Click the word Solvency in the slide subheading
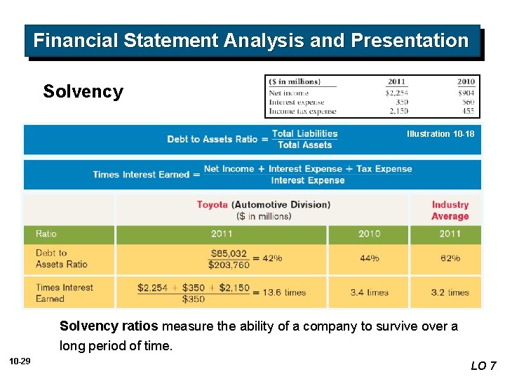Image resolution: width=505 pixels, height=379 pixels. point(83,92)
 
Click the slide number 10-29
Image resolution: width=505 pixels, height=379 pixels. point(20,361)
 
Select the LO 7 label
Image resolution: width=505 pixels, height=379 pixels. point(483,366)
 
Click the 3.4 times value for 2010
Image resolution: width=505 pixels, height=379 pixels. point(369,292)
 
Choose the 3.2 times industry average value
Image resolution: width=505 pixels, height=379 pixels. point(450,292)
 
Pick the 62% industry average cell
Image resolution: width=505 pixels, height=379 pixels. point(450,258)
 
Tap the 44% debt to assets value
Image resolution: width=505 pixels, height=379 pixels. point(369,258)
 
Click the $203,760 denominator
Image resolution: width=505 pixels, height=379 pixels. point(229,265)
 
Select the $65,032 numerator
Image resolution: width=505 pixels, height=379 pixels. point(229,253)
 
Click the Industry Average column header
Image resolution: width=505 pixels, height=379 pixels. point(450,211)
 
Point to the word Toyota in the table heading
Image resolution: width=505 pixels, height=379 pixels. point(213,205)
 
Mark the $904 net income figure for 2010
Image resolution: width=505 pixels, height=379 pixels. point(465,93)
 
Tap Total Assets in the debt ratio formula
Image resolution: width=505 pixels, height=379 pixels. point(304,145)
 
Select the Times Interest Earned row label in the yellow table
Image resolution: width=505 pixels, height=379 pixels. point(65,293)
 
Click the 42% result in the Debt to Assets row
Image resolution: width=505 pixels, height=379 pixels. point(272,258)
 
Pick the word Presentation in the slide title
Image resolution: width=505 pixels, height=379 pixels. point(410,41)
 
